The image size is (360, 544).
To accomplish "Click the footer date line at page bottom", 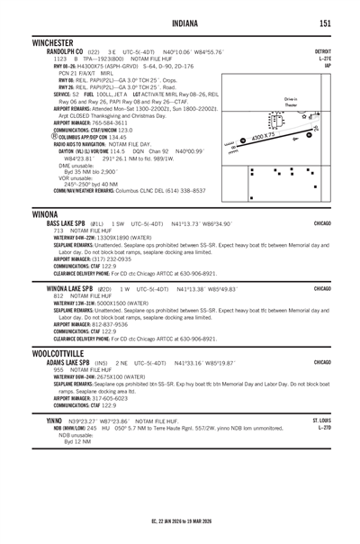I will tap(180, 521).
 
